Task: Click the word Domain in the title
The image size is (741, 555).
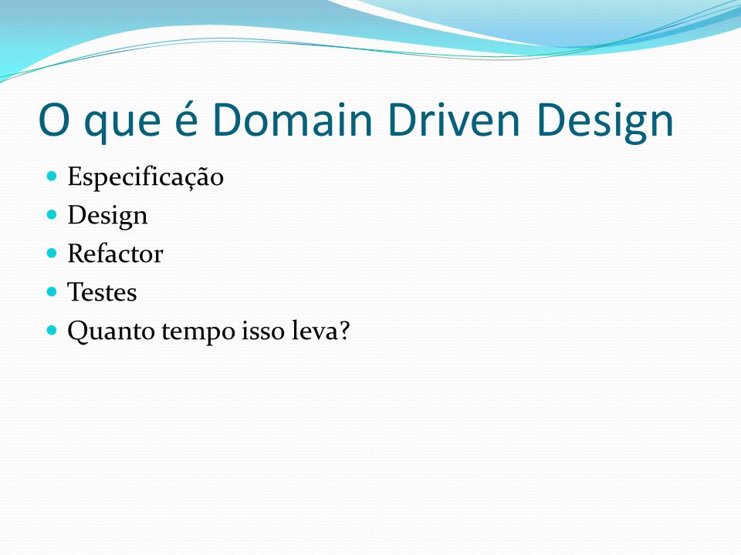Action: [x=293, y=119]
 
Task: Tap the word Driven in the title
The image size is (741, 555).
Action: [x=454, y=119]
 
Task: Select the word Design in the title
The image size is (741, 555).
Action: [x=604, y=122]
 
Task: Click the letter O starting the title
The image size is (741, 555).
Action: [x=54, y=120]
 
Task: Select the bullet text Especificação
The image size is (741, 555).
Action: [x=146, y=177]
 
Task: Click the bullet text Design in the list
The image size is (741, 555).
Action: [x=108, y=217]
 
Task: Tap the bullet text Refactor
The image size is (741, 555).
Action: [x=115, y=254]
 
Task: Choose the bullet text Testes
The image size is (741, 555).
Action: [x=102, y=292]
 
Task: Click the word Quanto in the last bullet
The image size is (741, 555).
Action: [x=111, y=331]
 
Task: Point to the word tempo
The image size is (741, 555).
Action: [x=198, y=333]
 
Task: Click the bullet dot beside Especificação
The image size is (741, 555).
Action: [x=52, y=177]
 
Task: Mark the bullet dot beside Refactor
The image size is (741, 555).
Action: [x=52, y=254]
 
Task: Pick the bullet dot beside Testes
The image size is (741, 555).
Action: [x=52, y=291]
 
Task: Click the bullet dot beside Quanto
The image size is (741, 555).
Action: [x=52, y=330]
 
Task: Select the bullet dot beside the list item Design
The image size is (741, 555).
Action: [x=52, y=215]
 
